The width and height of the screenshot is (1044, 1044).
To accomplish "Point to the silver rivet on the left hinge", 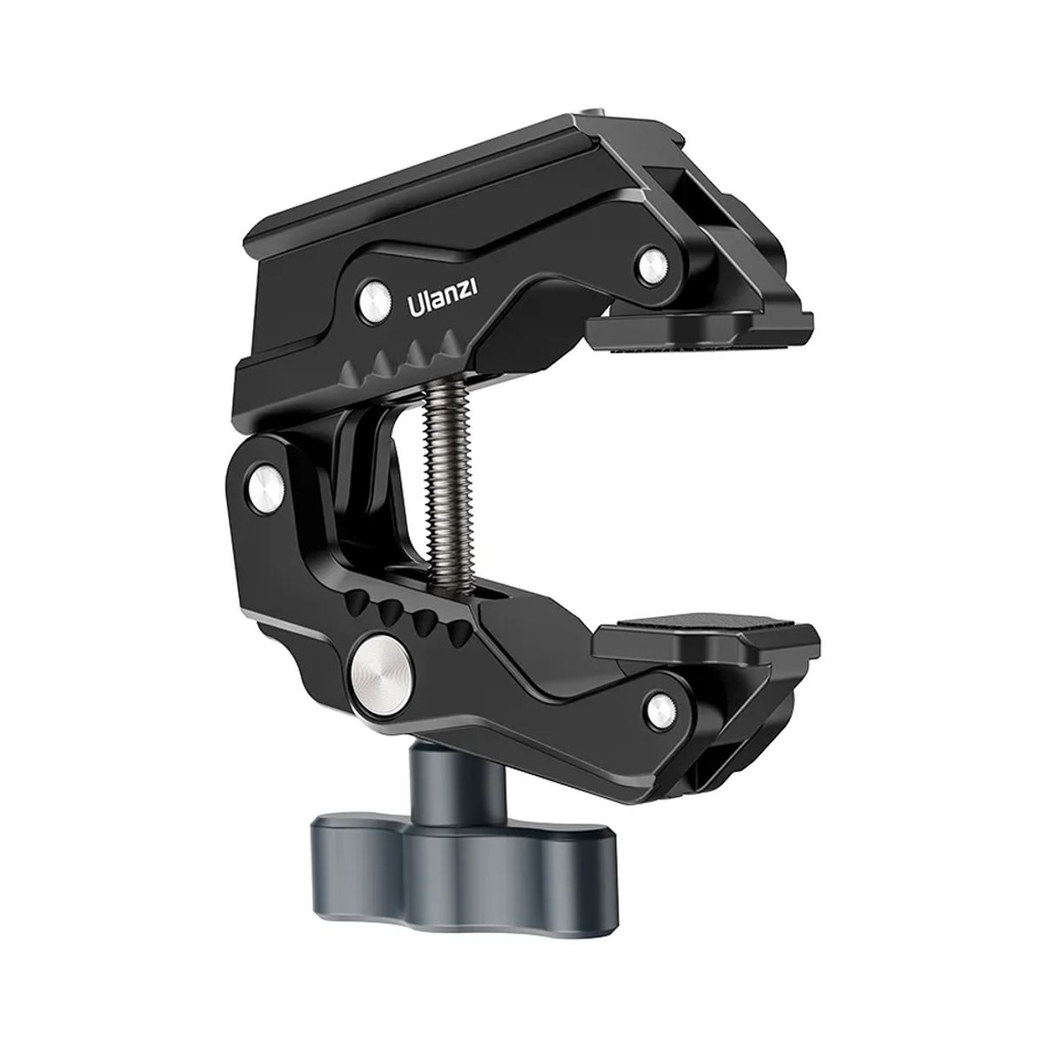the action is pyautogui.click(x=265, y=483).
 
